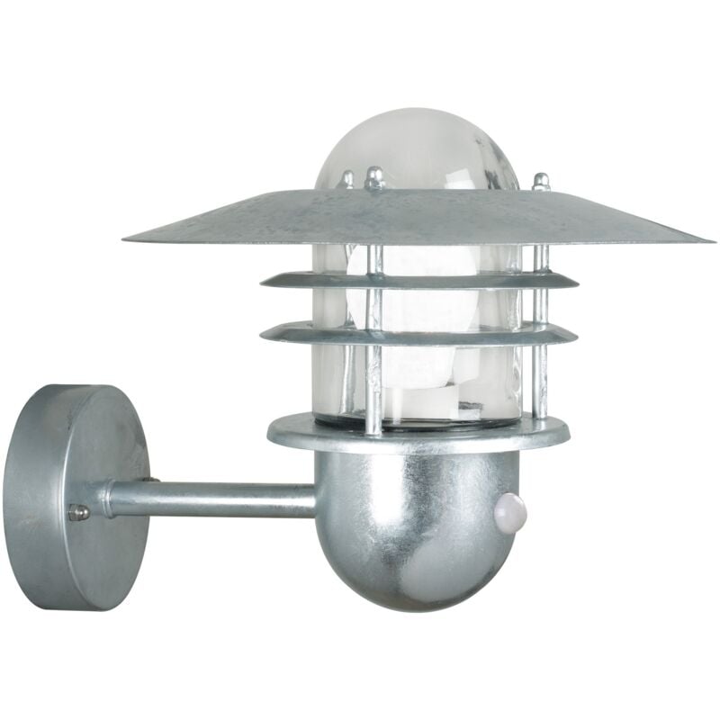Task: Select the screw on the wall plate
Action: pos(79,512)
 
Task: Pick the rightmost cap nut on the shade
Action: pos(540,181)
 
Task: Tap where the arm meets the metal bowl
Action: pos(317,500)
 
